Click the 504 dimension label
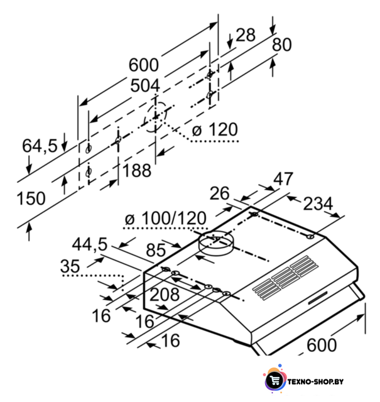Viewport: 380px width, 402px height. [x=145, y=85]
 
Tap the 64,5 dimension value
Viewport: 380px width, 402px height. [x=40, y=146]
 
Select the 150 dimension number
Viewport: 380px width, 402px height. [x=31, y=198]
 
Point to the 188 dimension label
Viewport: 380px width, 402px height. [x=137, y=170]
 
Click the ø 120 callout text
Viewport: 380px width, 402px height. [x=215, y=129]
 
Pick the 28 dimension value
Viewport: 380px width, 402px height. [x=246, y=35]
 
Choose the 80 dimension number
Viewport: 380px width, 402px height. [x=281, y=45]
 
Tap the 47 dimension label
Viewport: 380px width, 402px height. [x=283, y=179]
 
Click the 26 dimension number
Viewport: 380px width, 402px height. [x=219, y=193]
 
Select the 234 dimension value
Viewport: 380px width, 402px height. [x=318, y=204]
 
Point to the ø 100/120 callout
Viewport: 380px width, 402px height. [x=166, y=219]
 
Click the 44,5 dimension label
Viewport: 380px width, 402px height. [x=89, y=244]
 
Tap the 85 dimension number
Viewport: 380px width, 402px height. [x=156, y=250]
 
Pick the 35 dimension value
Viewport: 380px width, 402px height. [x=70, y=266]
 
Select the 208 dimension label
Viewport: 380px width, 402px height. [x=165, y=295]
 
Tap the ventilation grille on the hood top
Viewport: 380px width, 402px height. [x=285, y=278]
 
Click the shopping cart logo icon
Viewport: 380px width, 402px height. [x=275, y=381]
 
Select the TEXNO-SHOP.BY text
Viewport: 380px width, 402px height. [x=315, y=382]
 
